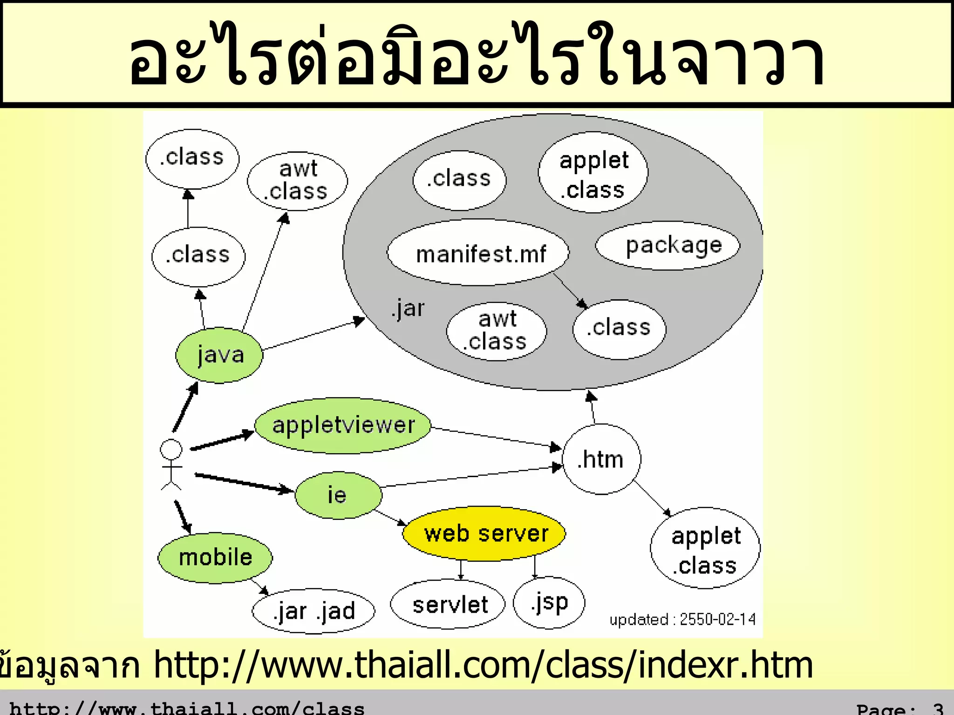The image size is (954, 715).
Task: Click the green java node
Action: coord(219,355)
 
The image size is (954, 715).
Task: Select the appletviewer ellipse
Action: coord(343,425)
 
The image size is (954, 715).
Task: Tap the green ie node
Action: coord(338,495)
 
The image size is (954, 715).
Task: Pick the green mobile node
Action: coord(215,557)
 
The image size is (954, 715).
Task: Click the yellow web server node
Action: coord(484,533)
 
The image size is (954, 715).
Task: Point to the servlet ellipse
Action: coord(448,605)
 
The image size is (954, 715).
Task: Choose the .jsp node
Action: coord(549,603)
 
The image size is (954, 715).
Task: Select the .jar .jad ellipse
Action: coord(313,611)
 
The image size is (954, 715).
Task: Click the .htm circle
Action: coord(601,459)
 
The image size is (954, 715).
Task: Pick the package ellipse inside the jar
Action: coord(668,246)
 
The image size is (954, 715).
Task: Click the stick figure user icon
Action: coord(171,464)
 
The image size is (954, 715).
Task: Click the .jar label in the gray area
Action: coord(408,309)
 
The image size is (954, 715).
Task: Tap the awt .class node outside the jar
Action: coord(297,181)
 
